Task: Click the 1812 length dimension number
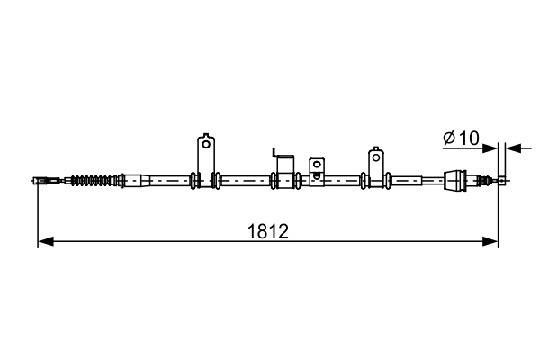click(x=267, y=231)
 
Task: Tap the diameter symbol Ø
click(x=450, y=139)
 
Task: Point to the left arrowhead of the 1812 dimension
click(x=43, y=241)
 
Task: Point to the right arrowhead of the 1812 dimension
click(x=492, y=241)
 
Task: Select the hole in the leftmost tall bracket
click(x=206, y=143)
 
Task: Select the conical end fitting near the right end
click(x=456, y=180)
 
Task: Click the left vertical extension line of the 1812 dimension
click(x=37, y=216)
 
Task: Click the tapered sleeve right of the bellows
click(x=135, y=180)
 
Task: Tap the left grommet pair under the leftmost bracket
click(x=194, y=180)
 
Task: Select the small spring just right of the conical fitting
click(x=481, y=180)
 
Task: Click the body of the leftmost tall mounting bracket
click(x=206, y=153)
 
